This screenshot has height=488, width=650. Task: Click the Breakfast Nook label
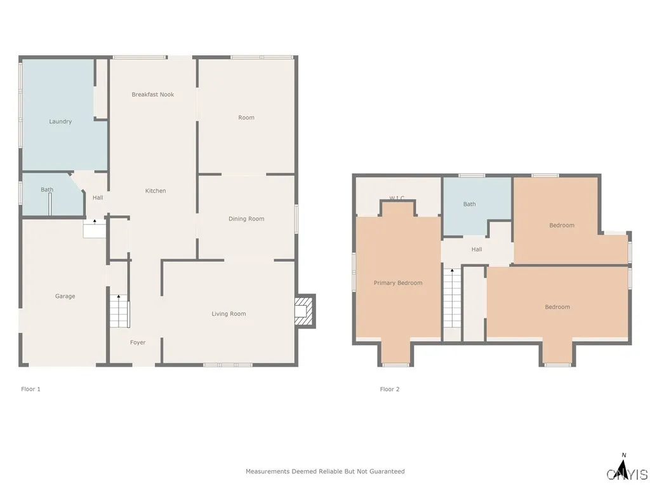click(152, 95)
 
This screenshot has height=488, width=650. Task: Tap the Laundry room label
click(60, 121)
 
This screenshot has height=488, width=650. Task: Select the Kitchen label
click(156, 191)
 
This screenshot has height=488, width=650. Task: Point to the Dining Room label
click(246, 219)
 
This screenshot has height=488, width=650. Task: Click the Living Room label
click(229, 313)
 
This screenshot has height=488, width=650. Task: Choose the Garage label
click(65, 296)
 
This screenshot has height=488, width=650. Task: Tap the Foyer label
click(138, 342)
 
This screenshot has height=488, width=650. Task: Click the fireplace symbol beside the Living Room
click(305, 311)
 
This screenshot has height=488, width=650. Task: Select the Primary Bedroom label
click(398, 283)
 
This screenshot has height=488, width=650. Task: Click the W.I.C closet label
click(397, 198)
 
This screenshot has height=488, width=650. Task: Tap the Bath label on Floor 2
click(469, 204)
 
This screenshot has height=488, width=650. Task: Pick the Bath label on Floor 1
click(47, 189)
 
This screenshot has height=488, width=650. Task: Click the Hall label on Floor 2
click(477, 249)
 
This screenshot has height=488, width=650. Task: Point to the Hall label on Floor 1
click(98, 198)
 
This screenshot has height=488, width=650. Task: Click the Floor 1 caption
click(30, 389)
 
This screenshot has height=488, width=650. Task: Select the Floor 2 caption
click(390, 389)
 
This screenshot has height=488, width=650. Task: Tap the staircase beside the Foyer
click(119, 311)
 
